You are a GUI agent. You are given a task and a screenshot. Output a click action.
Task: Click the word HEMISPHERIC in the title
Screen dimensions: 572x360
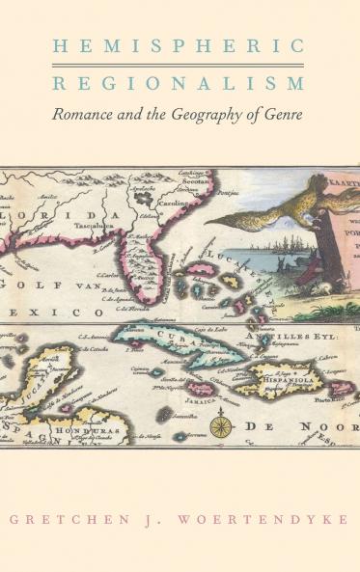pos(180,45)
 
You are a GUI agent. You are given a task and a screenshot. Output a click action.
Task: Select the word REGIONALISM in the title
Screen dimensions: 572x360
pos(180,83)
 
